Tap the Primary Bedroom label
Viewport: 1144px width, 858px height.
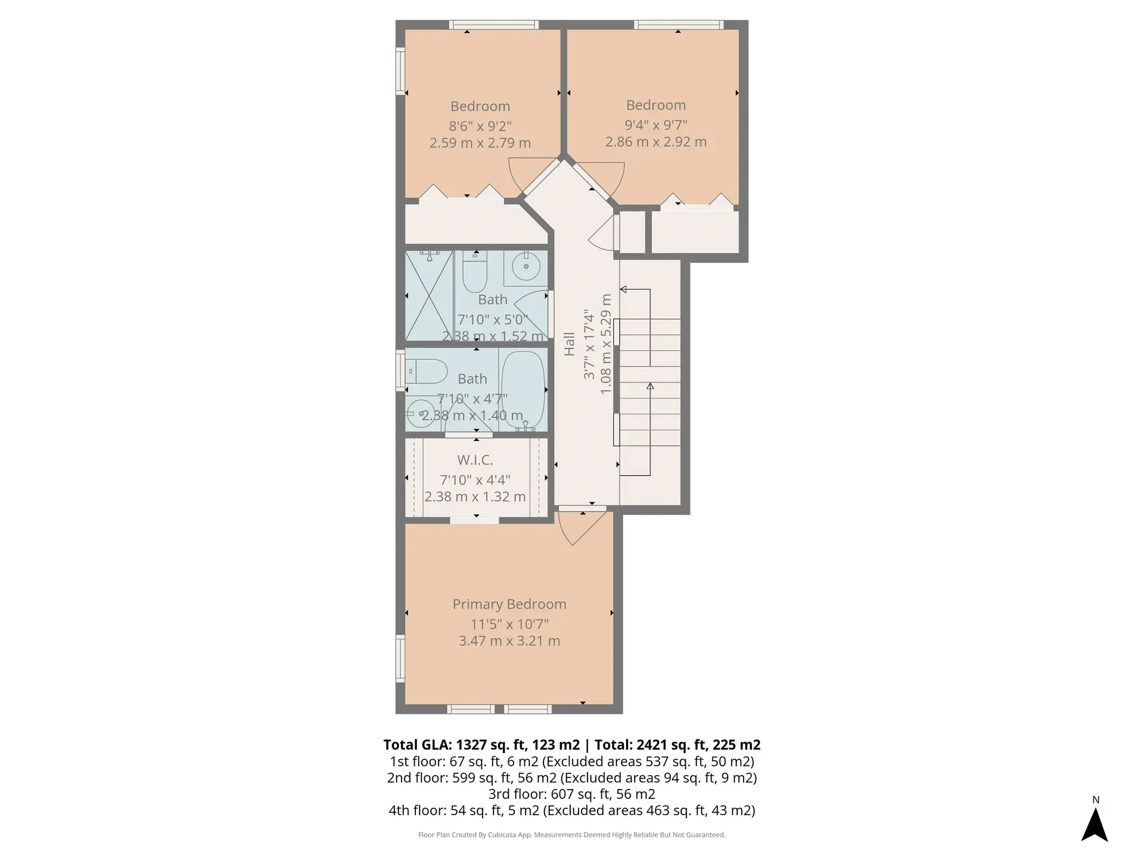click(x=509, y=604)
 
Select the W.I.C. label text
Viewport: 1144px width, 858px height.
click(x=475, y=460)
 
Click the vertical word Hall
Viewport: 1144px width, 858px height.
click(x=570, y=344)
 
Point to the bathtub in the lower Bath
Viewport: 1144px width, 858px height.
click(x=523, y=390)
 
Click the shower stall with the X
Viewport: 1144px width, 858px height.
click(x=429, y=296)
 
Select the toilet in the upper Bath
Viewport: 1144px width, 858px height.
click(x=475, y=272)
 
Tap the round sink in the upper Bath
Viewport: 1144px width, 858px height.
click(x=526, y=265)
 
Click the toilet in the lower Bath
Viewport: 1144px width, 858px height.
click(x=427, y=372)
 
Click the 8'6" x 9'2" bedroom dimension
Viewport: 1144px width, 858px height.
click(x=480, y=126)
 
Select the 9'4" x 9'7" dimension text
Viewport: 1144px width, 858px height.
click(x=656, y=125)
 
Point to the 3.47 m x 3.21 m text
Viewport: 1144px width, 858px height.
click(x=509, y=641)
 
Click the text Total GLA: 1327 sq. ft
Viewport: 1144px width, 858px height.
click(x=481, y=745)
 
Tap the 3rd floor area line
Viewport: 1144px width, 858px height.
click(x=571, y=794)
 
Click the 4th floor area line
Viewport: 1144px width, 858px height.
click(x=571, y=810)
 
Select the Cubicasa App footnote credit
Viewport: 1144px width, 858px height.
click(x=571, y=835)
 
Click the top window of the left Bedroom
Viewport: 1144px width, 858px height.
click(x=494, y=25)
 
